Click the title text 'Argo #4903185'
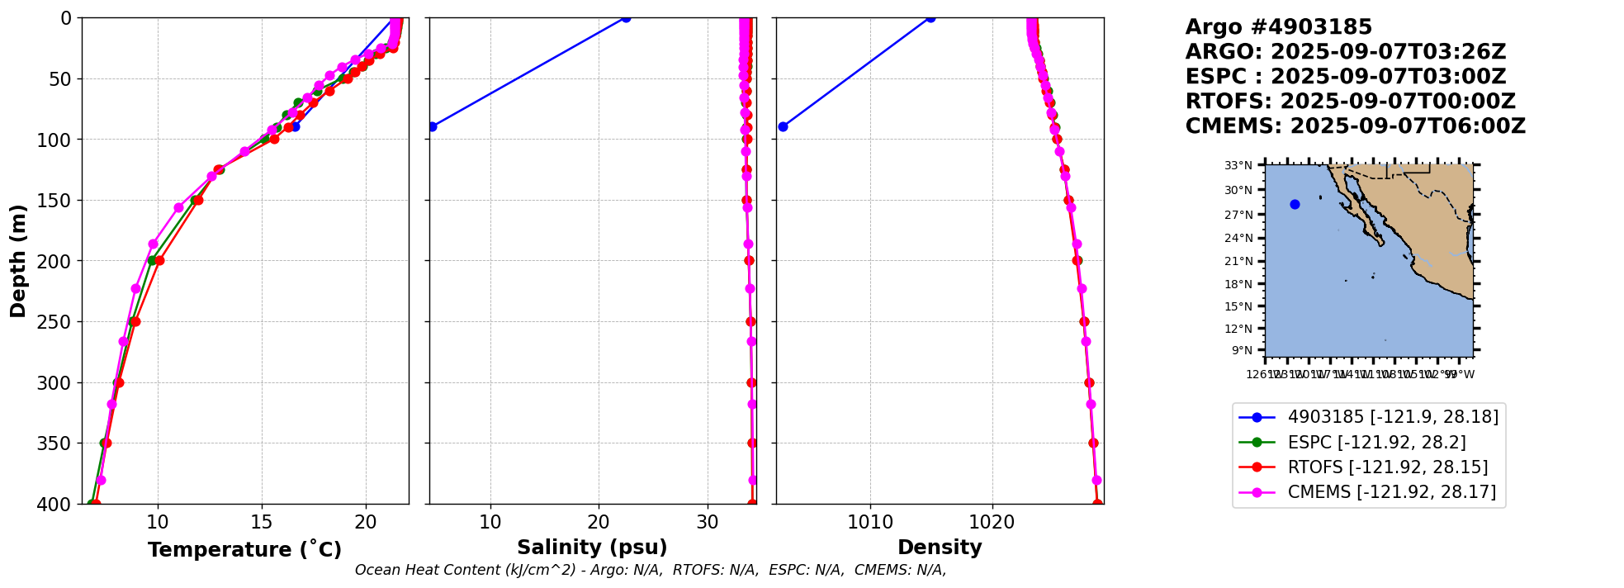coord(1278,27)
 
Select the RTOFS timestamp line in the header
coord(1350,102)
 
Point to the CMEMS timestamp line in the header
coord(1355,126)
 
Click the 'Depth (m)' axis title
coord(18,261)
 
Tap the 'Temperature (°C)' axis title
coord(244,550)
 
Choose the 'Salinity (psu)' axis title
coord(592,548)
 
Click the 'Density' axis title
coord(940,548)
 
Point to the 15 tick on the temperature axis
coord(262,522)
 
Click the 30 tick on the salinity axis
coord(708,522)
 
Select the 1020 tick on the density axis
coord(992,522)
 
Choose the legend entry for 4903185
coord(1392,417)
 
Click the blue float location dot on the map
coord(1295,205)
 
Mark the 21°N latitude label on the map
coord(1238,261)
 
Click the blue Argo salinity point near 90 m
coord(432,126)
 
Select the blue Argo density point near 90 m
coord(783,126)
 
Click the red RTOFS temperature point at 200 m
coord(159,260)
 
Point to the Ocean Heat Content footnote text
coord(651,570)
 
